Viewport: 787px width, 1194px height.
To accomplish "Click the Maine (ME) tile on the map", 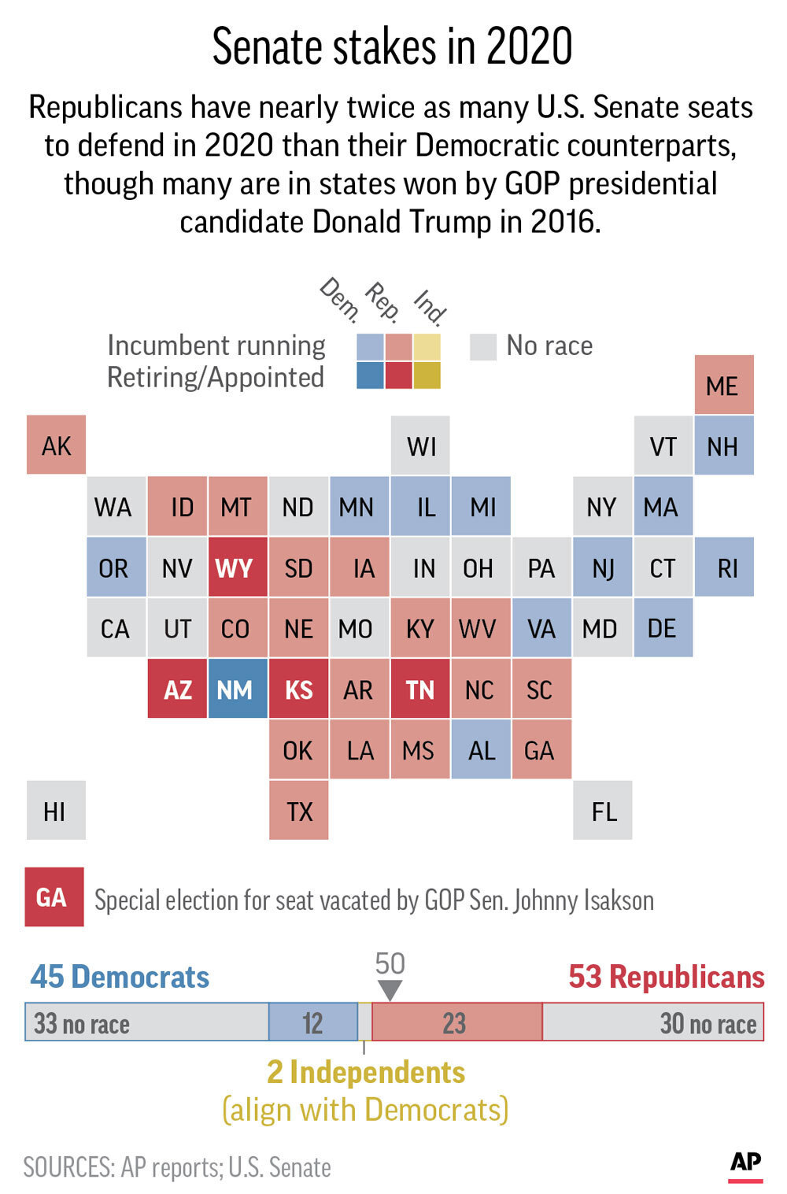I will [x=724, y=385].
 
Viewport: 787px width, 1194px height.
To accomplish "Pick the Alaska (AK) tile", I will [x=56, y=445].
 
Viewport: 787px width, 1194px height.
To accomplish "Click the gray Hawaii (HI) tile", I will [x=56, y=811].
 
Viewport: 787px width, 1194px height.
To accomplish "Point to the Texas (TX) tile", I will [x=299, y=811].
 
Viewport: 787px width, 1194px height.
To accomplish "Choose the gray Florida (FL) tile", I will [x=603, y=811].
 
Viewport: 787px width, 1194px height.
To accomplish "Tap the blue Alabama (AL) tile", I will [x=481, y=750].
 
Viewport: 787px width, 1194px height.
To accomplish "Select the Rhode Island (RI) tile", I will [x=724, y=567].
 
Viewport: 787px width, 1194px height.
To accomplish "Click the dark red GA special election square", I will [x=54, y=897].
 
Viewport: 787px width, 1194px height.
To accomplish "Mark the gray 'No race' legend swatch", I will [x=483, y=346].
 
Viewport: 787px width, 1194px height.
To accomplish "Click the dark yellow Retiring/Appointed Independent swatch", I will [x=427, y=375].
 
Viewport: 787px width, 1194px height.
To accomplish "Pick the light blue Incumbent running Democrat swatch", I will [x=370, y=346].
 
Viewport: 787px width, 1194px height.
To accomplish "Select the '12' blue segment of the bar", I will [x=313, y=1022].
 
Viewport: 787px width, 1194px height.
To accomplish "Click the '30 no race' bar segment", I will [x=653, y=1022].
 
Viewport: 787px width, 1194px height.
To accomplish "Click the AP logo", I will [x=745, y=1163].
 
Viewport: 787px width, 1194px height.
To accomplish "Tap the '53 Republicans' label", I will [x=666, y=977].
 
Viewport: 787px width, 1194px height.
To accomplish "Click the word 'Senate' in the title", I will [x=268, y=47].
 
